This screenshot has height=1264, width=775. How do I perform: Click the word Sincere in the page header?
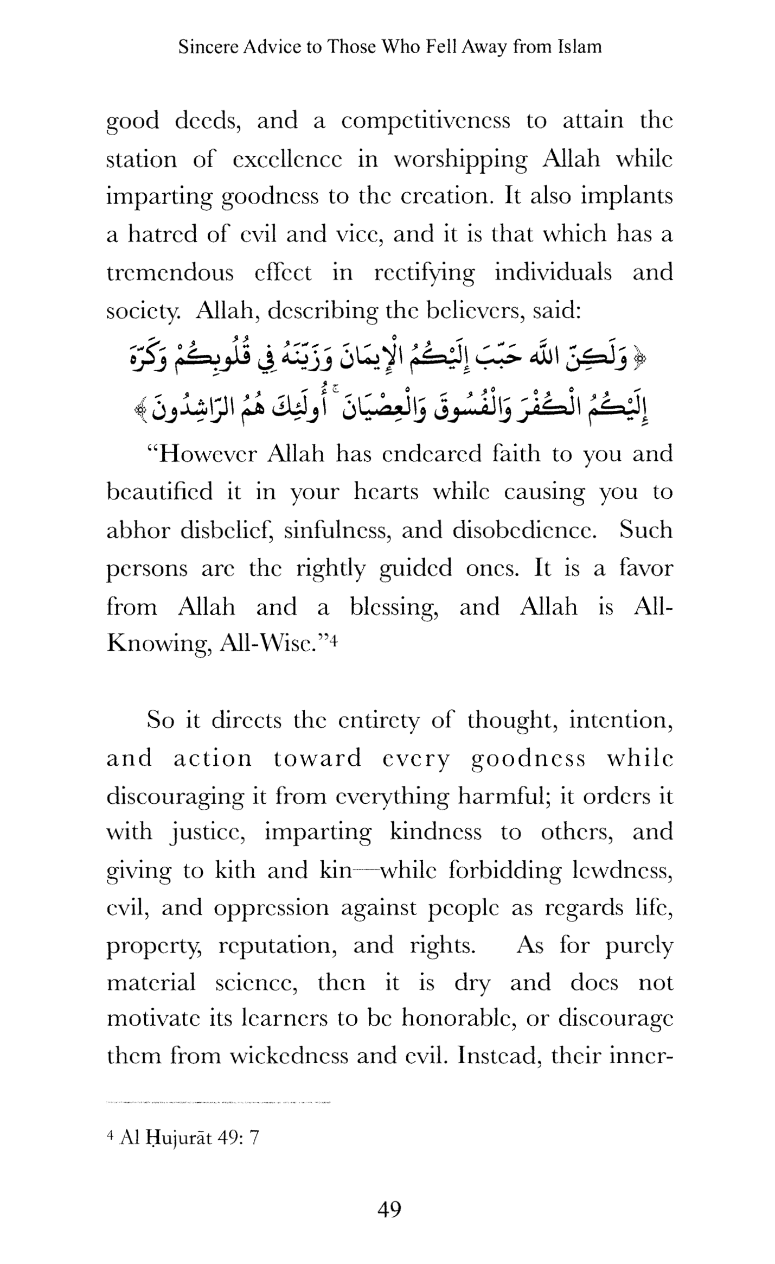click(x=208, y=47)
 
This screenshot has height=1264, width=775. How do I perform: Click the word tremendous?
click(x=170, y=272)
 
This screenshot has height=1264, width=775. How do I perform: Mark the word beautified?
click(x=159, y=492)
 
